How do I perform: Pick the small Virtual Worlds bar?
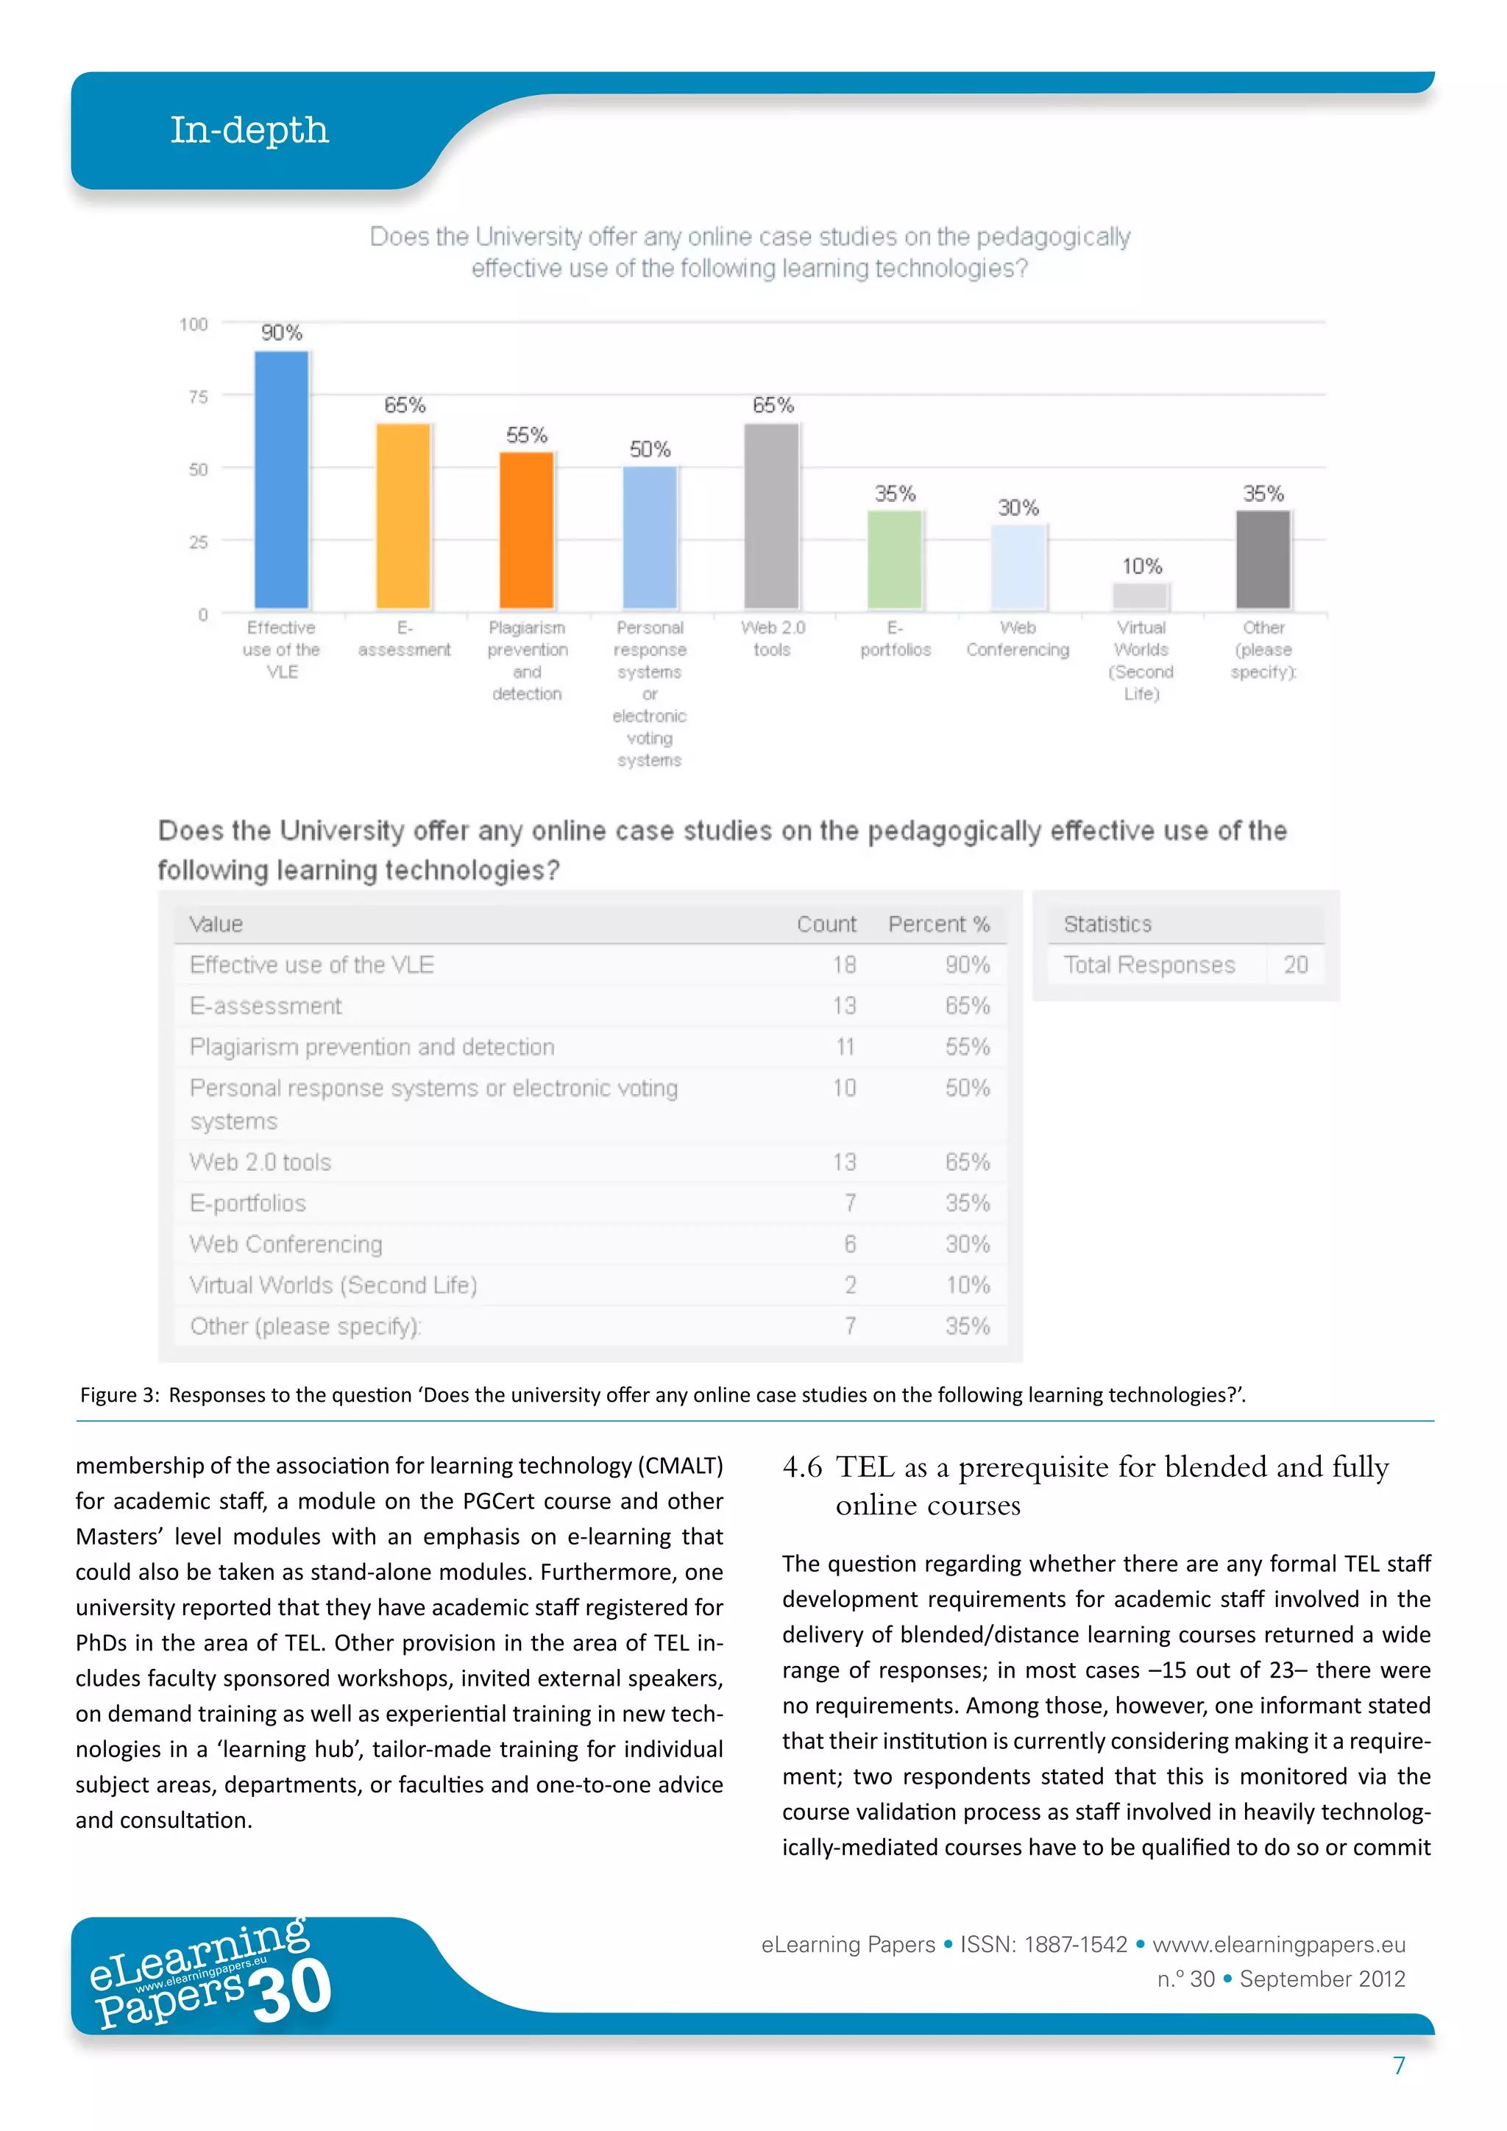[x=1141, y=595]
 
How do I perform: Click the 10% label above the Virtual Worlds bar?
[x=1141, y=566]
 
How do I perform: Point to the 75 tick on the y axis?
[x=198, y=397]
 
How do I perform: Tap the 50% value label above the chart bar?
[x=650, y=449]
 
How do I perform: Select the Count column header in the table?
[x=826, y=924]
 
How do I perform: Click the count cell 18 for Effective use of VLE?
[x=843, y=965]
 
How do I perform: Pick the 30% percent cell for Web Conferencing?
[x=967, y=1244]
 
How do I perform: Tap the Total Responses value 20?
[x=1295, y=965]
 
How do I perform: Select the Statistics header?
[x=1107, y=924]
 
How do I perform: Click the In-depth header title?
[x=249, y=130]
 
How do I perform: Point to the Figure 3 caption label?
[x=118, y=1395]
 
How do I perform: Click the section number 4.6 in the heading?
[x=802, y=1467]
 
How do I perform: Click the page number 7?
[x=1398, y=2065]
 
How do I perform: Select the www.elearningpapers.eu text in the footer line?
[x=1279, y=1944]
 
